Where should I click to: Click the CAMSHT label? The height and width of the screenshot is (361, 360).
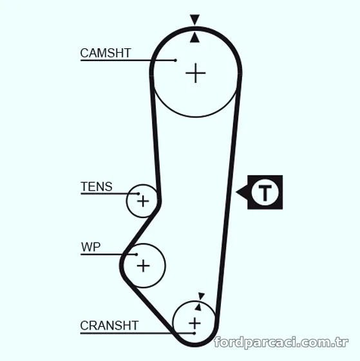(106, 53)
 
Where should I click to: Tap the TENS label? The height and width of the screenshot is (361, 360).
(97, 187)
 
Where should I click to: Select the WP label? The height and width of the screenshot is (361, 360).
(91, 247)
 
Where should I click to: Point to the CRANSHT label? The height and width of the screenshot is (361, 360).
(109, 326)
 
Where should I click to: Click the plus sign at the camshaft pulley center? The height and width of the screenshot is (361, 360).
(195, 73)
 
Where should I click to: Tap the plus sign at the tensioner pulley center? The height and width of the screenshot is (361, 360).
(143, 201)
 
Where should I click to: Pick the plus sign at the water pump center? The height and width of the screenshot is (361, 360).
(144, 266)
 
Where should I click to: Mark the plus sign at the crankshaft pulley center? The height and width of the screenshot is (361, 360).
(194, 323)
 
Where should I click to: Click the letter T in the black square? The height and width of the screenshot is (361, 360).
(265, 192)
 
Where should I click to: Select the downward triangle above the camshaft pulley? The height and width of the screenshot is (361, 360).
(194, 19)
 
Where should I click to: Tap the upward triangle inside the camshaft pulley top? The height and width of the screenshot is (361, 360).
(195, 37)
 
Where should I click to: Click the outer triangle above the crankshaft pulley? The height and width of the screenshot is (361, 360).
(201, 296)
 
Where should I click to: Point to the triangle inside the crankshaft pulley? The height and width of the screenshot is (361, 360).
(198, 307)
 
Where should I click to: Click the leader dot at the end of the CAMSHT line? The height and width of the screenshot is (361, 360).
(175, 60)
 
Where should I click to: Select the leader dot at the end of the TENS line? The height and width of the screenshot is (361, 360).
(138, 194)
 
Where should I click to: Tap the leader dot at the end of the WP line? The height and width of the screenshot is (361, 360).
(137, 254)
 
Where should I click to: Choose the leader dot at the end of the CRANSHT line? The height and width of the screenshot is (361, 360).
(194, 333)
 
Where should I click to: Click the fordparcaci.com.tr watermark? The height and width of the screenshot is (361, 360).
(281, 342)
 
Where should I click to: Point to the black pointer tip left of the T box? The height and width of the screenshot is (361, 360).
(236, 192)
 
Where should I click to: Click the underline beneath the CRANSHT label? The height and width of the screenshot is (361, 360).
(137, 333)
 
